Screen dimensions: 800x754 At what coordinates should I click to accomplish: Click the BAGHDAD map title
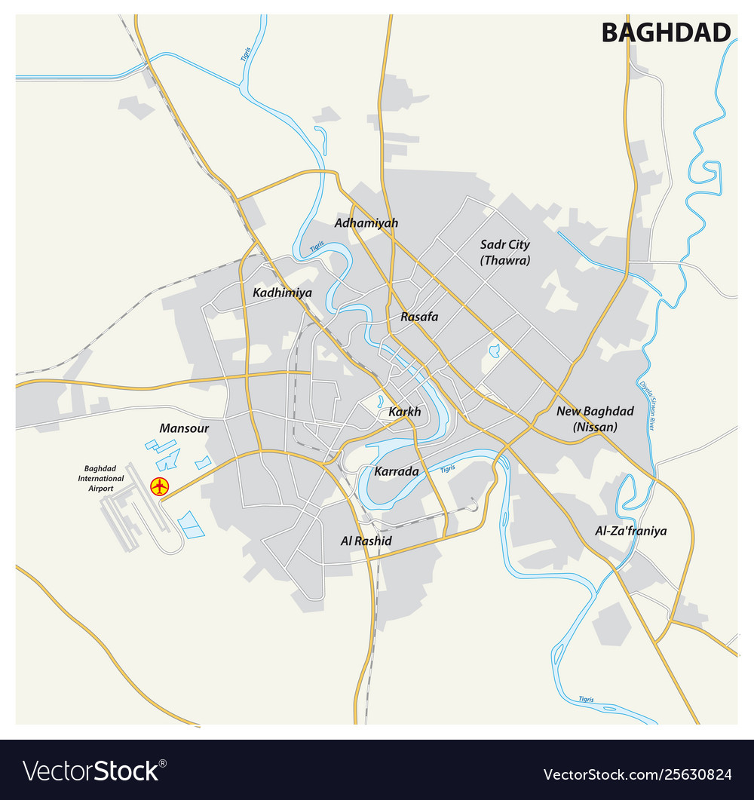click(666, 32)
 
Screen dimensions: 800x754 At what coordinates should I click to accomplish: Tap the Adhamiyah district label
click(366, 223)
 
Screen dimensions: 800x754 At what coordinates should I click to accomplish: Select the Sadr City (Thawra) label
click(505, 252)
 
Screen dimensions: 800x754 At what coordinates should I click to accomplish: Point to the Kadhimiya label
click(283, 293)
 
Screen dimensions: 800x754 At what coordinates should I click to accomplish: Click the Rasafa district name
click(419, 317)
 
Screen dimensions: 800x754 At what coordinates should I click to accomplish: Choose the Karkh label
click(404, 412)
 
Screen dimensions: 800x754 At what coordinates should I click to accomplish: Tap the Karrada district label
click(397, 471)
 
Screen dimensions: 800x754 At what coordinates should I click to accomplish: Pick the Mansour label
click(184, 428)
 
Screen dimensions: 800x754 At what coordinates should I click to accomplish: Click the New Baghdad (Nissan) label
click(595, 418)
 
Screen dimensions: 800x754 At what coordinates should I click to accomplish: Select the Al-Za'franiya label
click(631, 531)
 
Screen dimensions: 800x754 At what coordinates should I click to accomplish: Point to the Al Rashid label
click(366, 541)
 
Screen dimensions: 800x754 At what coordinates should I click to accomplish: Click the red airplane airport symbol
click(159, 486)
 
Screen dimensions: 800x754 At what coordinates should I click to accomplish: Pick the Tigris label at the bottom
click(586, 700)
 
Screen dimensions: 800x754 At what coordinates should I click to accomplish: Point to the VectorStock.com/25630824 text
click(637, 773)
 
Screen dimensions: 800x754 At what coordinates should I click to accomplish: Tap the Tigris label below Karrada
click(448, 468)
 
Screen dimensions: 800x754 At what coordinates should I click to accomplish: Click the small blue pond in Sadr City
click(494, 351)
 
